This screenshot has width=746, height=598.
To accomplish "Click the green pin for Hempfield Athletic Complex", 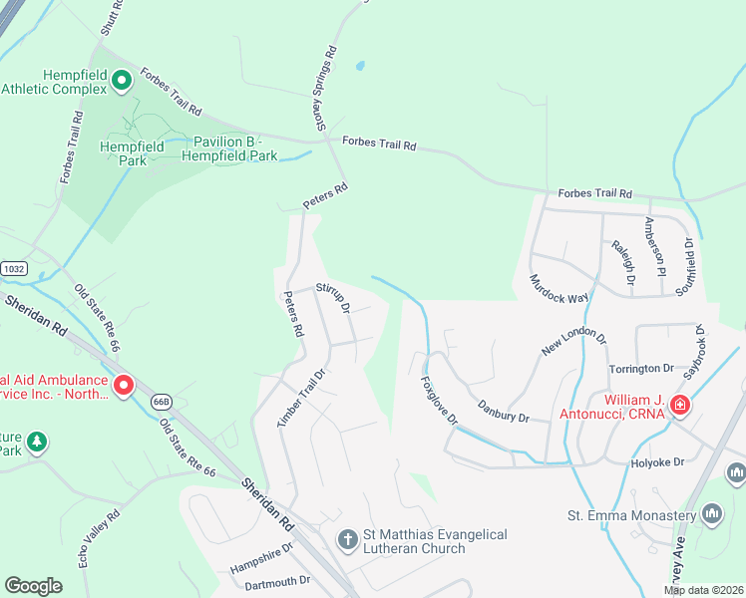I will (122, 80).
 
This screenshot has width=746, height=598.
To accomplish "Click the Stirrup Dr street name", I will (333, 296).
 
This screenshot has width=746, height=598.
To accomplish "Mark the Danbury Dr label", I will (502, 411).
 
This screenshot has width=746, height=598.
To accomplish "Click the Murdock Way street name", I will (559, 289).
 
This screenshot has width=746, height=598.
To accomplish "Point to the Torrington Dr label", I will (642, 369).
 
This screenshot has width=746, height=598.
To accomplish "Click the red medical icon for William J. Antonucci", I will (679, 405).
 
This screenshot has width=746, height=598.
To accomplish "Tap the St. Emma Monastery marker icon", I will (712, 514).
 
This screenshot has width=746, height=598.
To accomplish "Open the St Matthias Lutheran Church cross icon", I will (347, 541).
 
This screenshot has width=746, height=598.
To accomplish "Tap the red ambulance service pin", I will (124, 384).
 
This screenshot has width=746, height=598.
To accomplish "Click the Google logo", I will (34, 585).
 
